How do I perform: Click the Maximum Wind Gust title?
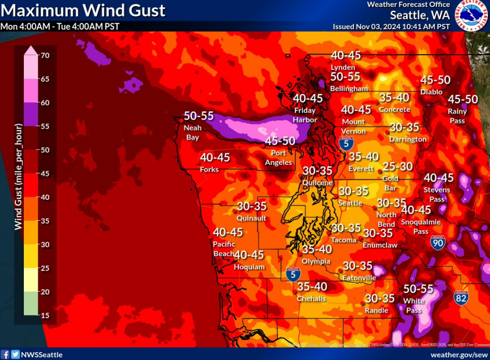pos(83,10)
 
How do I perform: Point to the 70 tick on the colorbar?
pos(45,55)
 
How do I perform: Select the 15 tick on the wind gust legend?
pos(45,315)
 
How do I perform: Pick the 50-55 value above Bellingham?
pos(345,77)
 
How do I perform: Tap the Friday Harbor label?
pos(305,115)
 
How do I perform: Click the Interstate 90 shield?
pos(437,243)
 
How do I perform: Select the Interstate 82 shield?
pos(461,298)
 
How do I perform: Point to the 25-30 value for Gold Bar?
pos(397,166)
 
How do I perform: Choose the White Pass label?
pos(414,305)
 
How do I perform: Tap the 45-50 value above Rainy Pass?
pos(463,100)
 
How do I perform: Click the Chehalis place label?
pos(311,298)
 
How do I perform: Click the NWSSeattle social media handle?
pos(41,354)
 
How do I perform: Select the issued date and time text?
pos(391,26)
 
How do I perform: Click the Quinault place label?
pos(251,217)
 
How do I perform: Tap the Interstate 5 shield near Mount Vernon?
pos(345,142)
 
